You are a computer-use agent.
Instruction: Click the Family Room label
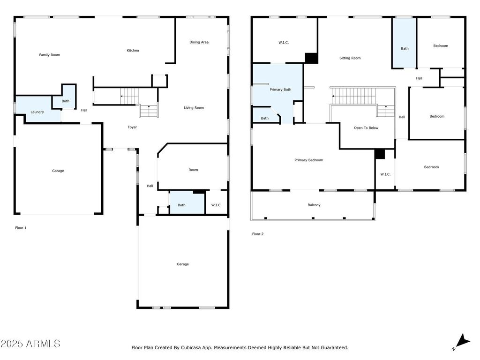[49, 55]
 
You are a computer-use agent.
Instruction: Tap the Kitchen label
[133, 50]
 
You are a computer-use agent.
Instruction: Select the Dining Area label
[199, 42]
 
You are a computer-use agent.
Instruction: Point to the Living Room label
[194, 108]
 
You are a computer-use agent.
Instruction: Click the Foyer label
[132, 127]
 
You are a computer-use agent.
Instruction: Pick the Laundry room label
[37, 112]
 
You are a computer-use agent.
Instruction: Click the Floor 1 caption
[21, 228]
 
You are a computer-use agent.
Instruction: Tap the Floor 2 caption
[258, 234]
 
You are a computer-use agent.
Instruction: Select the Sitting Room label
[350, 58]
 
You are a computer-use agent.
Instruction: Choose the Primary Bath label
[280, 90]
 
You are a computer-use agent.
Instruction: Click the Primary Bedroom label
[308, 160]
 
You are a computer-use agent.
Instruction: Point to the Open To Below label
[366, 128]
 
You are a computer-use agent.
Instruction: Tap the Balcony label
[314, 205]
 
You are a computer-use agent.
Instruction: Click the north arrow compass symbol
[462, 341]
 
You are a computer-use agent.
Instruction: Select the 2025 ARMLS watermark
[30, 344]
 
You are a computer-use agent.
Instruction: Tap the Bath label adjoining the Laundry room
[66, 101]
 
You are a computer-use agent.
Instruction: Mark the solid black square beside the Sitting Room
[312, 58]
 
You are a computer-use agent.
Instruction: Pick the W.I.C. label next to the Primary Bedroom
[385, 174]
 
